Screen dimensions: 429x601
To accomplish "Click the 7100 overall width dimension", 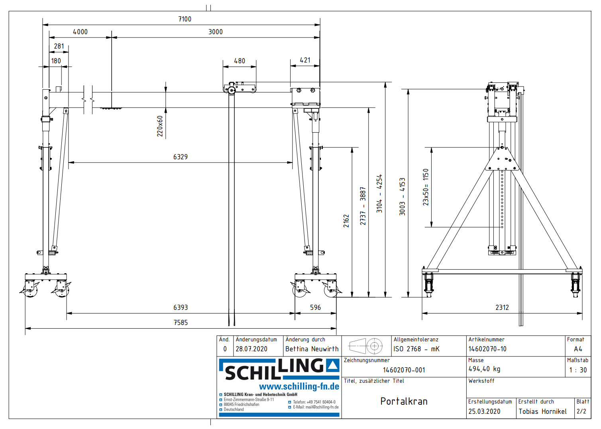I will (x=185, y=19).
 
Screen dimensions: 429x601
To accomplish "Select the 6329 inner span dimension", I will (x=180, y=157).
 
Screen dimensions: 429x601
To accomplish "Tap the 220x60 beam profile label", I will (x=160, y=126).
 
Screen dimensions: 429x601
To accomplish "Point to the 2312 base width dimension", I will (x=502, y=308).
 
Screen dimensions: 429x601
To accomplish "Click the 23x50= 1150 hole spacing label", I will (x=426, y=187).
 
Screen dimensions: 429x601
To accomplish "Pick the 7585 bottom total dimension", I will (x=181, y=323).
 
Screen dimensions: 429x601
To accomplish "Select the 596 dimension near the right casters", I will (x=315, y=308).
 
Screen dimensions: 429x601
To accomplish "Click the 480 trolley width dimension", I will (x=240, y=61).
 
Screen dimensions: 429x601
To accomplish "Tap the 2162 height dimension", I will (x=346, y=221).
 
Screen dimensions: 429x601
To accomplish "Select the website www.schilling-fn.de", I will (x=299, y=386).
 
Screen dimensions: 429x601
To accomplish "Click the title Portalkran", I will (x=404, y=402).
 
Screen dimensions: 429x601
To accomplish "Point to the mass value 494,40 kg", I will (x=484, y=369).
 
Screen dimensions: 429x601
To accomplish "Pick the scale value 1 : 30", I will (x=577, y=370).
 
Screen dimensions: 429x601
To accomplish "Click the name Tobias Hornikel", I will (x=542, y=411).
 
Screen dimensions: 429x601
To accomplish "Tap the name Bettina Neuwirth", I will (x=312, y=349).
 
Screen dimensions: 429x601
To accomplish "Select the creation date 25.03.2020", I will (x=484, y=411).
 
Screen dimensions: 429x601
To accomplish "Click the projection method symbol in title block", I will (x=366, y=346).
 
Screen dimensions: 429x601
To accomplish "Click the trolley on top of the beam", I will (x=239, y=88).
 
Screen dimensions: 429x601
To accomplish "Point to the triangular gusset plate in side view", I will (x=502, y=159).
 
